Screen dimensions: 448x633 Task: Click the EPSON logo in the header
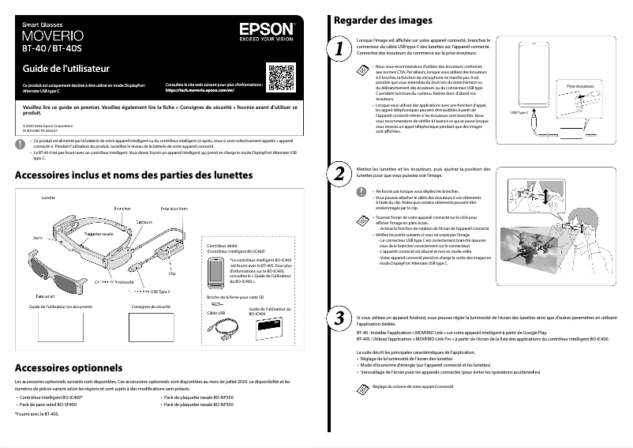tap(266, 29)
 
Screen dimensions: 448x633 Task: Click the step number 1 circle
tap(340, 49)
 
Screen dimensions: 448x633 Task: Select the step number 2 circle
tap(340, 173)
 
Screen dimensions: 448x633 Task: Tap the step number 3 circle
tap(340, 318)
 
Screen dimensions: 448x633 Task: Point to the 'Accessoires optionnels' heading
tap(67, 367)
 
